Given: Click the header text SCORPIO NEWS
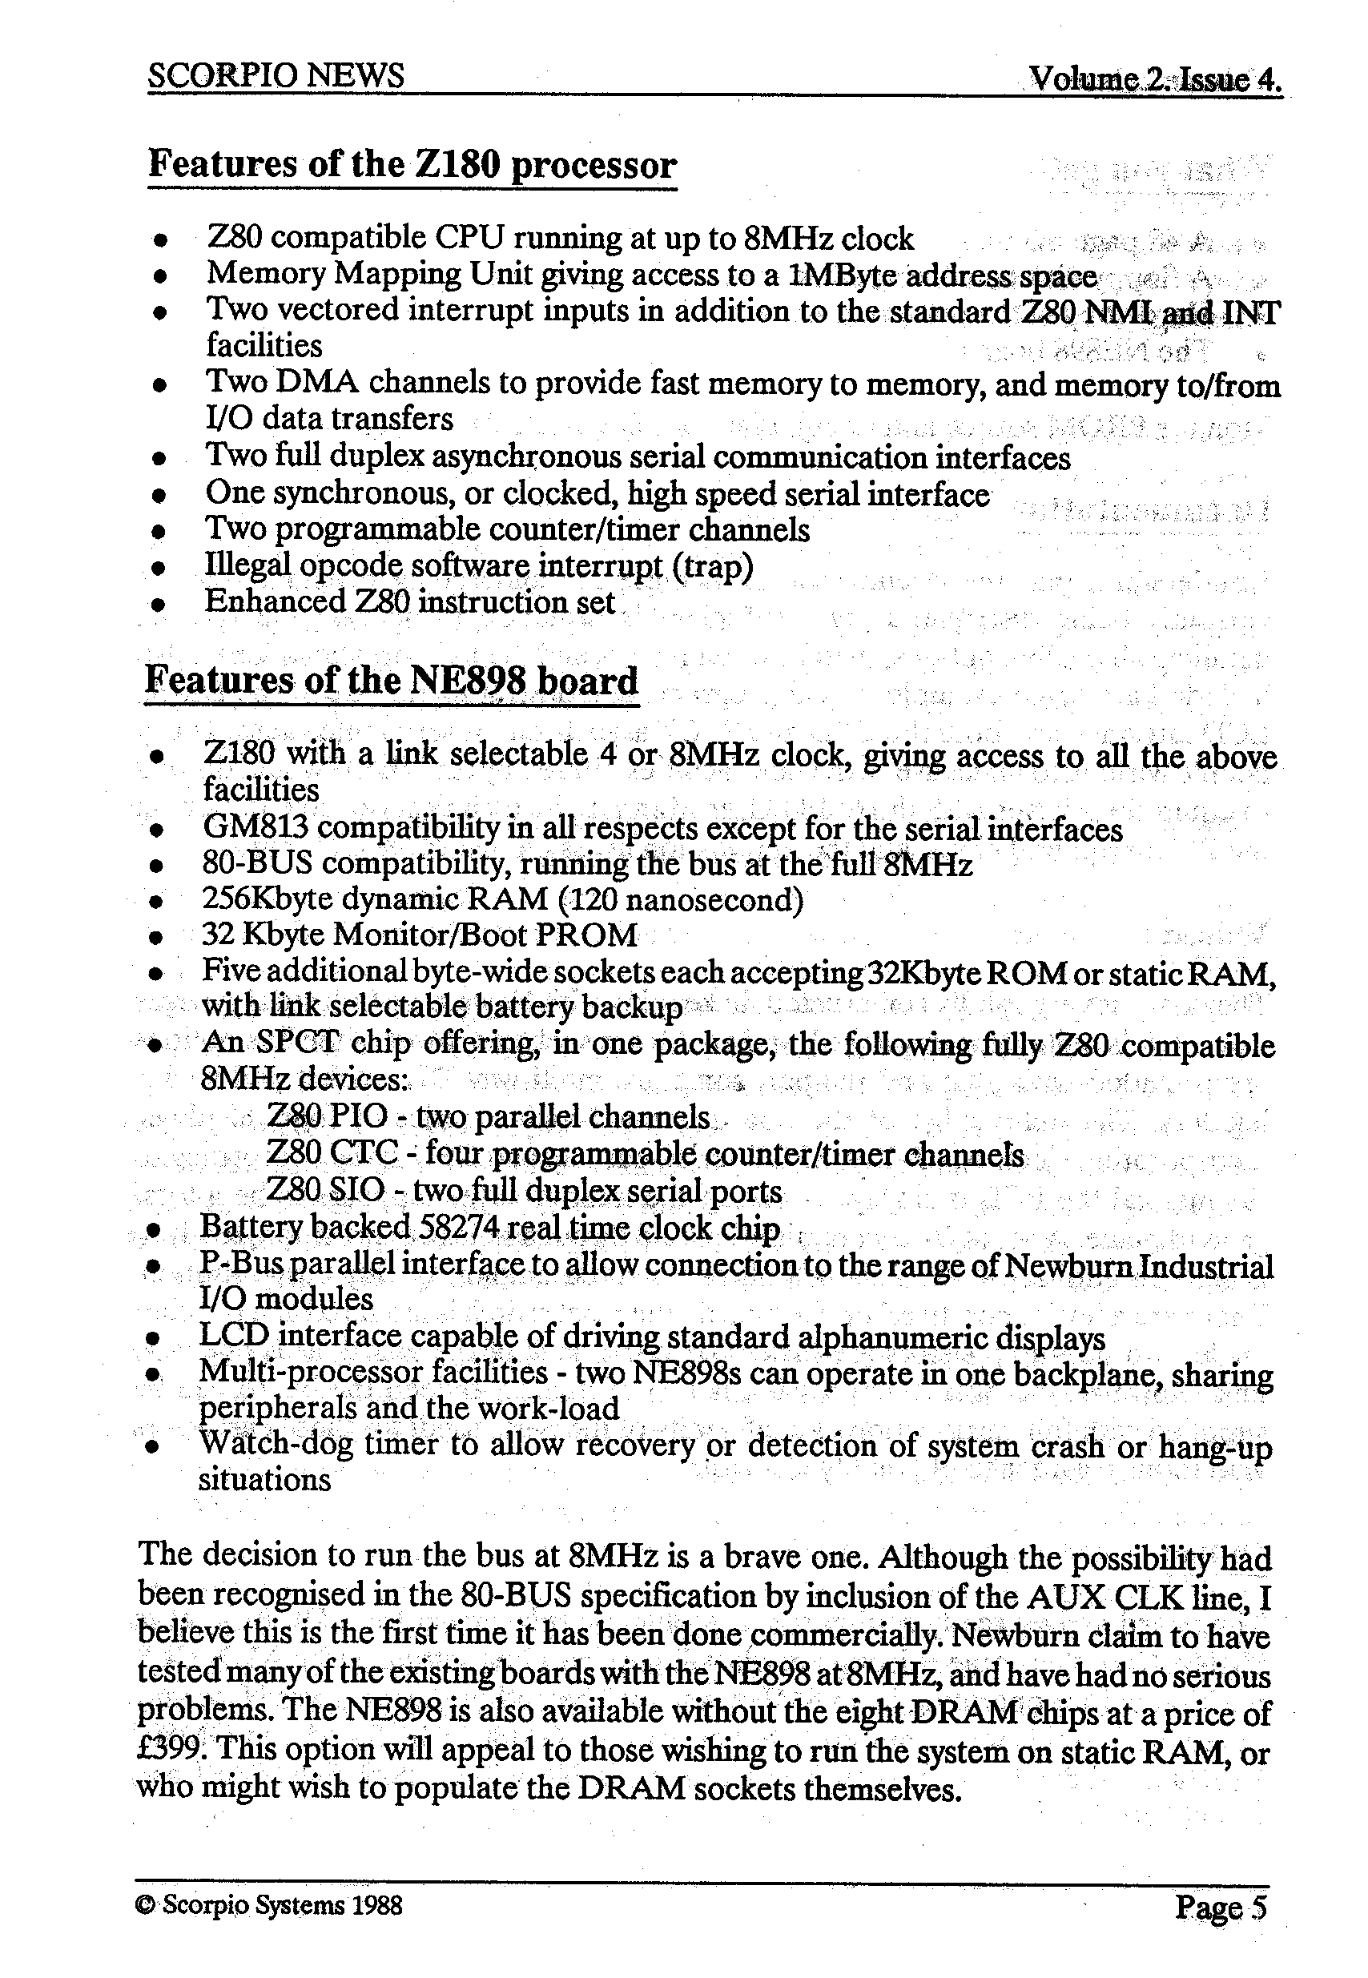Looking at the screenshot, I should (x=276, y=76).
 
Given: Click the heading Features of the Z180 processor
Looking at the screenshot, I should (x=412, y=163).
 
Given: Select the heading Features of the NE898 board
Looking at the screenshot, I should (x=392, y=681).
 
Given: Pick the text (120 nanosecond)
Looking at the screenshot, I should (x=680, y=900).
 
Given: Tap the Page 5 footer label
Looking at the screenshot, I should (x=1220, y=1907).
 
